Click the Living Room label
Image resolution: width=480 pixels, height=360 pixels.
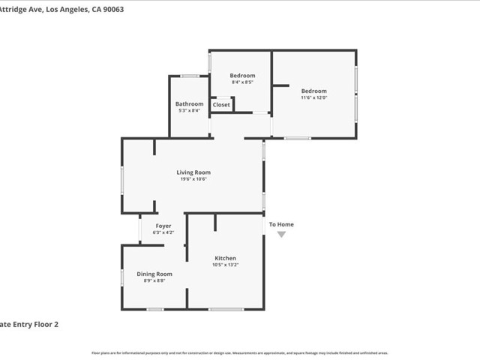pos(193,172)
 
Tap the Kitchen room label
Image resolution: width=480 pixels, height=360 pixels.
pos(226,258)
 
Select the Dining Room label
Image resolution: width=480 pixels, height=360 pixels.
pos(154,274)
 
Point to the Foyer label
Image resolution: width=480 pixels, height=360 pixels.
pos(163,226)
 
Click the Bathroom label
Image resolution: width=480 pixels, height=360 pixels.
pos(189,103)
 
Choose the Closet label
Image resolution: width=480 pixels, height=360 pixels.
pos(221,105)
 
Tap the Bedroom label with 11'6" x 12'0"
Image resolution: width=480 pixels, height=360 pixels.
pos(314,91)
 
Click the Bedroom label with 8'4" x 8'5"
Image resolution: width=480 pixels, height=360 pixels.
pos(242,76)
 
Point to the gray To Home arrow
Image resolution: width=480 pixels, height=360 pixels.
pos(282,235)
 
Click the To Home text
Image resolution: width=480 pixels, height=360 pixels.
pos(282,224)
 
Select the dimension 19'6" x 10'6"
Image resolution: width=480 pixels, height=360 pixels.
pos(193,179)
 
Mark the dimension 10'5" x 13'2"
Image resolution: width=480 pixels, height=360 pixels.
pos(226,265)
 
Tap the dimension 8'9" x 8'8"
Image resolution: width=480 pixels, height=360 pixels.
pos(154,280)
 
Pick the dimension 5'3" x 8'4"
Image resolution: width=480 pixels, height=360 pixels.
pos(189,110)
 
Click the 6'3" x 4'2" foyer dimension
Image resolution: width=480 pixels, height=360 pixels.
pos(163,232)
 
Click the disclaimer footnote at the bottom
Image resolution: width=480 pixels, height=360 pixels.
pos(240,352)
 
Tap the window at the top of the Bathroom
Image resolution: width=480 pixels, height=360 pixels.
pos(190,76)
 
